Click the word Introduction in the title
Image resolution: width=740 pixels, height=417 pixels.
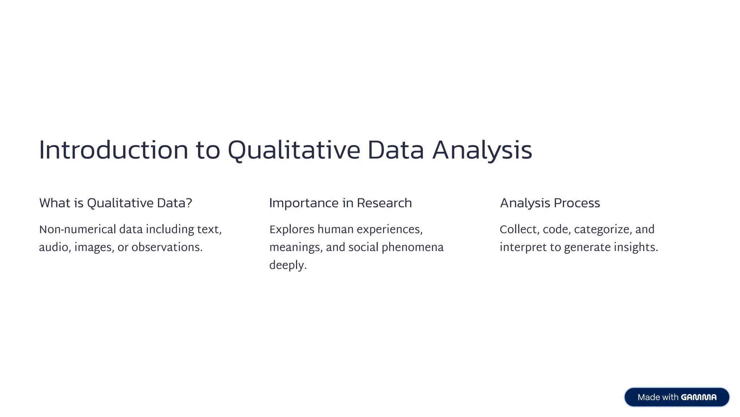point(113,150)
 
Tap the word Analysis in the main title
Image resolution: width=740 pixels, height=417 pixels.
point(482,150)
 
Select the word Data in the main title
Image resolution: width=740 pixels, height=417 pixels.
point(395,150)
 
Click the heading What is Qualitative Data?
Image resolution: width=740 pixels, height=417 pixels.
point(115,203)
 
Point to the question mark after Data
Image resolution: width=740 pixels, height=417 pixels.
point(189,203)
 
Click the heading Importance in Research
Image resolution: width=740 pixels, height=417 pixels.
point(340,203)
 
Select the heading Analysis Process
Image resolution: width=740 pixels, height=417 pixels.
point(550,203)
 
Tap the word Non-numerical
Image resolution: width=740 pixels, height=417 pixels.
point(77,229)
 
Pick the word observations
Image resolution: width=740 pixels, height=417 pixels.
point(167,248)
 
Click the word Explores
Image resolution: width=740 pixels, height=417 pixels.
point(292,229)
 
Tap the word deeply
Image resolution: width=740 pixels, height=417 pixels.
point(288,266)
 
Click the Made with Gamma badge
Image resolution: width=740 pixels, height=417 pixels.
point(676,397)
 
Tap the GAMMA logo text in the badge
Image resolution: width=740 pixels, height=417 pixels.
point(698,397)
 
